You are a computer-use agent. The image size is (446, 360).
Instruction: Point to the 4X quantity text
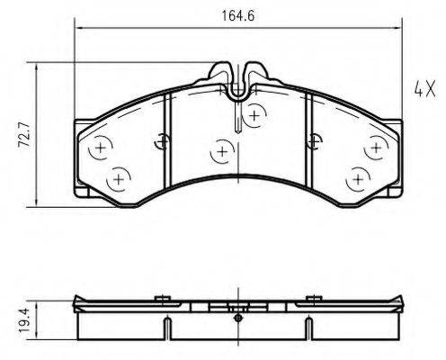coord(424,90)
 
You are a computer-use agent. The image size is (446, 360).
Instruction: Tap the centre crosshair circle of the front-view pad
coord(220,154)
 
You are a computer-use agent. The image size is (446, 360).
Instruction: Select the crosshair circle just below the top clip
coord(256,115)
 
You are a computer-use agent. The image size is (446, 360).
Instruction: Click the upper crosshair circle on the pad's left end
coord(100,147)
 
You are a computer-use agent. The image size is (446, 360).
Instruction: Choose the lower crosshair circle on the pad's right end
coord(357,180)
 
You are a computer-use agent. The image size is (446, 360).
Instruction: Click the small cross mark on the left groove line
coord(162,139)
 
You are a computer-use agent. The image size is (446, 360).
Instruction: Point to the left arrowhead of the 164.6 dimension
coord(78,29)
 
